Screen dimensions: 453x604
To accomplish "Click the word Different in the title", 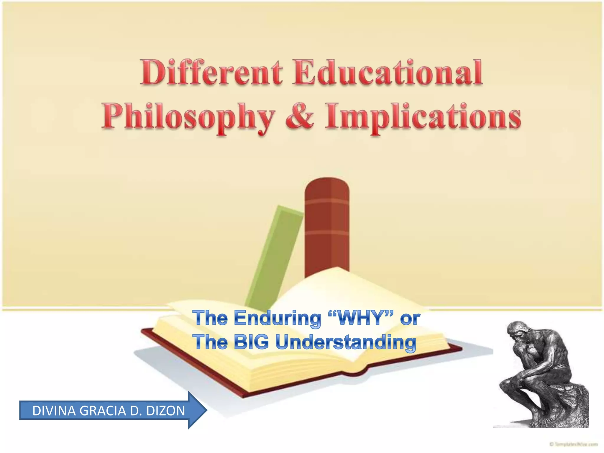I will (x=211, y=72).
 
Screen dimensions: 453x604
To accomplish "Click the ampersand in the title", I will (x=299, y=116).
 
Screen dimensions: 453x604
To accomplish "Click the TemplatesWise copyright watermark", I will (x=573, y=444).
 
